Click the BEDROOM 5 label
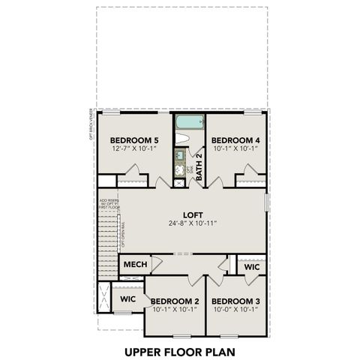point(134,139)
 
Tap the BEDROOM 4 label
point(235,139)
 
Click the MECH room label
point(134,264)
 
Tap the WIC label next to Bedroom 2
point(127,298)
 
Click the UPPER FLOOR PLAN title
point(179,349)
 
